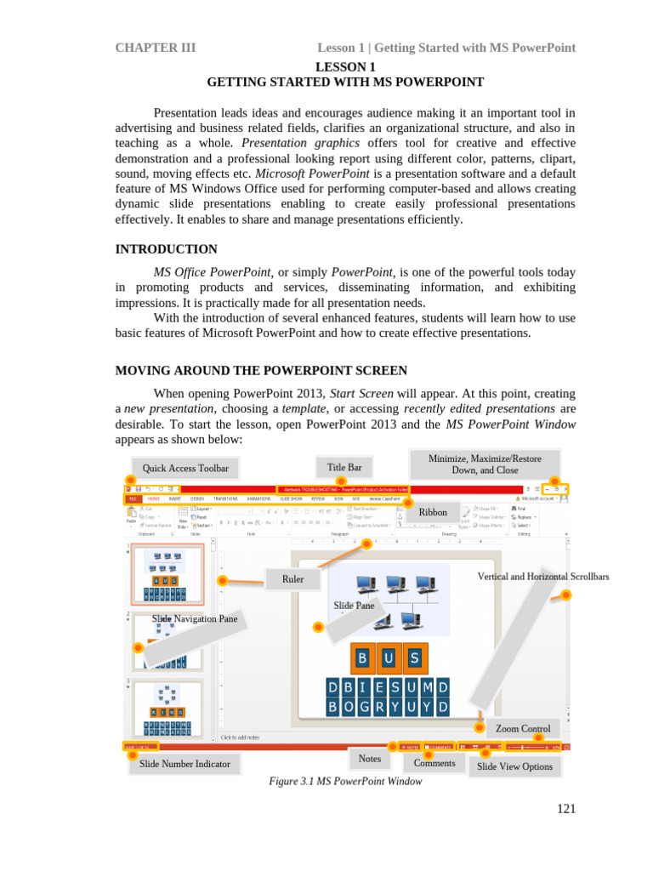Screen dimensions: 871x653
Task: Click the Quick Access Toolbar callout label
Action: [180, 468]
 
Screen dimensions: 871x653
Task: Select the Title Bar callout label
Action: [344, 466]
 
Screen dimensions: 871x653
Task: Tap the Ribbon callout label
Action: [433, 512]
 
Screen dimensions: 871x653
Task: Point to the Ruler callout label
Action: [293, 579]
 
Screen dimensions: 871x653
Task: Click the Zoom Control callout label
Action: [523, 728]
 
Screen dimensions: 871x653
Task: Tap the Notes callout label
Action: [370, 758]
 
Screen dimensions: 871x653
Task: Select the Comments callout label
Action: [434, 763]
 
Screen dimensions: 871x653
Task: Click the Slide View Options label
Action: [514, 766]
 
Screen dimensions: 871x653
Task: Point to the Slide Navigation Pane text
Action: [195, 618]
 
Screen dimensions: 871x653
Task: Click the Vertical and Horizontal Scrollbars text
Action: [543, 577]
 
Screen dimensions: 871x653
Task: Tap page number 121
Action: [566, 809]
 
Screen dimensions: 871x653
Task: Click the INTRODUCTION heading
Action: [166, 249]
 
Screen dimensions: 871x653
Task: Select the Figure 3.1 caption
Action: [345, 781]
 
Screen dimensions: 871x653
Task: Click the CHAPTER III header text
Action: [156, 48]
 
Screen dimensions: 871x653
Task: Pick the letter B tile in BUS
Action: [363, 658]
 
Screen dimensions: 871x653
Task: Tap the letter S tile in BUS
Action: [414, 658]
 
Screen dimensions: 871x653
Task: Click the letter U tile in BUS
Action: [389, 658]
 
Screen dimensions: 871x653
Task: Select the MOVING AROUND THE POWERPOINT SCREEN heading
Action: [261, 371]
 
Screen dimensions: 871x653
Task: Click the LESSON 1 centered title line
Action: [345, 66]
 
